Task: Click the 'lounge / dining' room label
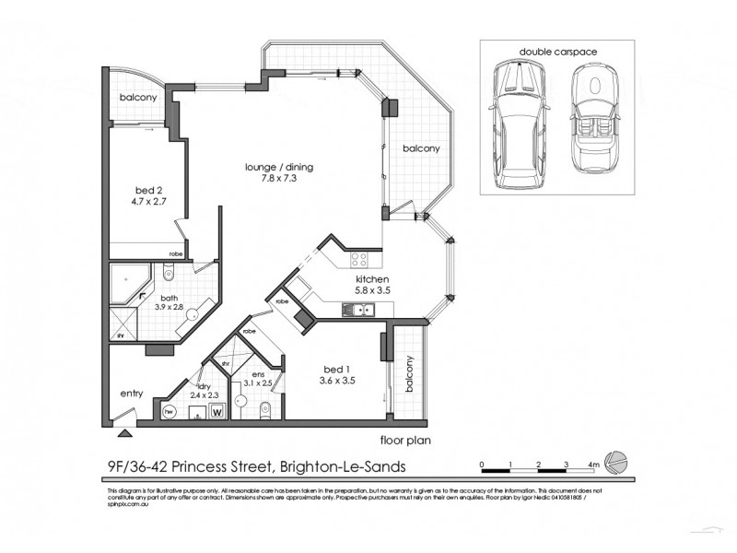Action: tap(279, 167)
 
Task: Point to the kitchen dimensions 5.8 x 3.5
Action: tap(375, 290)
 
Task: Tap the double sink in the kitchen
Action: tap(352, 310)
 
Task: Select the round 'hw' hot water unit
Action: tap(169, 411)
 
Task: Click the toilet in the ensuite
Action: tap(263, 409)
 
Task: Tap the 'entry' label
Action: tap(131, 394)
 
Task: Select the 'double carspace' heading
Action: tap(555, 51)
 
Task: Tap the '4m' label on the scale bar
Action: tap(594, 464)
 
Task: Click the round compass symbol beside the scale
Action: tap(620, 464)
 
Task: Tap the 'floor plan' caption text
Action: tap(400, 441)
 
